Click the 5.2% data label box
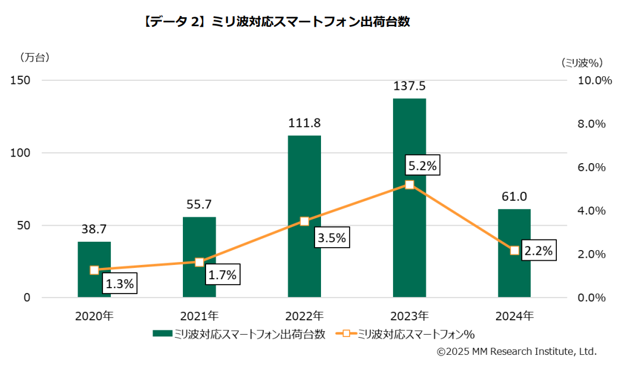coord(422,166)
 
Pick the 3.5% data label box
coord(331,238)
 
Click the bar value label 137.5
coord(409,86)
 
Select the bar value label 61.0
coord(514,197)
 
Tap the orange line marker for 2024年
coord(515,251)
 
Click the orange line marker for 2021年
coord(200,262)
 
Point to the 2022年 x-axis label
coord(304,316)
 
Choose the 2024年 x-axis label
coord(514,316)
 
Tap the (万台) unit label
coord(35,58)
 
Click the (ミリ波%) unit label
coord(582,62)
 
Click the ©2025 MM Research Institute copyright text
coord(516,352)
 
